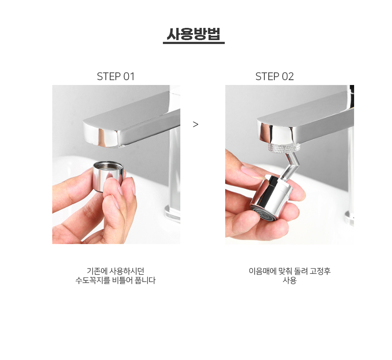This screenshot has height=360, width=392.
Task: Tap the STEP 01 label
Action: pos(116,76)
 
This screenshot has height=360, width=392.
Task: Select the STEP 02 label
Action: pos(274,76)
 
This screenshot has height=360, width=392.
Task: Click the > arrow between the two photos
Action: pos(196,124)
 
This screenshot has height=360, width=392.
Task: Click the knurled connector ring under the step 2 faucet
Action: pos(284,148)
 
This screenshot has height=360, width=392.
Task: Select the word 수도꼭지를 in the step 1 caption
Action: pos(93,280)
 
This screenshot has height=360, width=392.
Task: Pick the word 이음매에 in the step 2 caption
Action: pos(263,271)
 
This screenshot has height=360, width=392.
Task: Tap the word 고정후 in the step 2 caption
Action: pos(320,271)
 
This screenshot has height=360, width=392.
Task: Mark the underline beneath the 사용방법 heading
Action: pos(194,43)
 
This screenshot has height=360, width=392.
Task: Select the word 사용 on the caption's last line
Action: pos(290,280)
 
